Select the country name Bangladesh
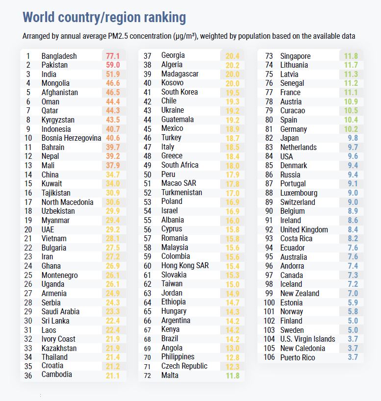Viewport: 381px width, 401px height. [x=59, y=56]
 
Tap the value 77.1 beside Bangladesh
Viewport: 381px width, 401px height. [x=113, y=56]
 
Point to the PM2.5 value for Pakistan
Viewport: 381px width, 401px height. [x=113, y=65]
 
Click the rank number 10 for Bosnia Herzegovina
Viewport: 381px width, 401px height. [x=28, y=138]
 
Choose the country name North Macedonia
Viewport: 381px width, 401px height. [x=67, y=202]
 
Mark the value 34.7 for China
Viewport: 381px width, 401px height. [x=113, y=175]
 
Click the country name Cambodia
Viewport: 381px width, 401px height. [x=56, y=375]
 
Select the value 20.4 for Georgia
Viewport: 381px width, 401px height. [x=232, y=56]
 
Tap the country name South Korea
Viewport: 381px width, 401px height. [x=179, y=92]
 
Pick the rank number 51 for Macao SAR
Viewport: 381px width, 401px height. [x=147, y=183]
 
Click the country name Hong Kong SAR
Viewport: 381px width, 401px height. [x=185, y=266]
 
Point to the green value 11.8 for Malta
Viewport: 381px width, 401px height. [x=232, y=376]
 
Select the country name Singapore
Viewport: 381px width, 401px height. [x=295, y=56]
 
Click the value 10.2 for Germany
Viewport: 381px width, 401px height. [x=351, y=129]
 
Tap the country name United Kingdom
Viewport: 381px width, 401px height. [x=304, y=229]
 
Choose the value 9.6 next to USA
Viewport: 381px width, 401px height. [x=353, y=156]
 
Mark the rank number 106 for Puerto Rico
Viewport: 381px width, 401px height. [x=269, y=357]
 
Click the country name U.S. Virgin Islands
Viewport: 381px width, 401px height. [x=307, y=339]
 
